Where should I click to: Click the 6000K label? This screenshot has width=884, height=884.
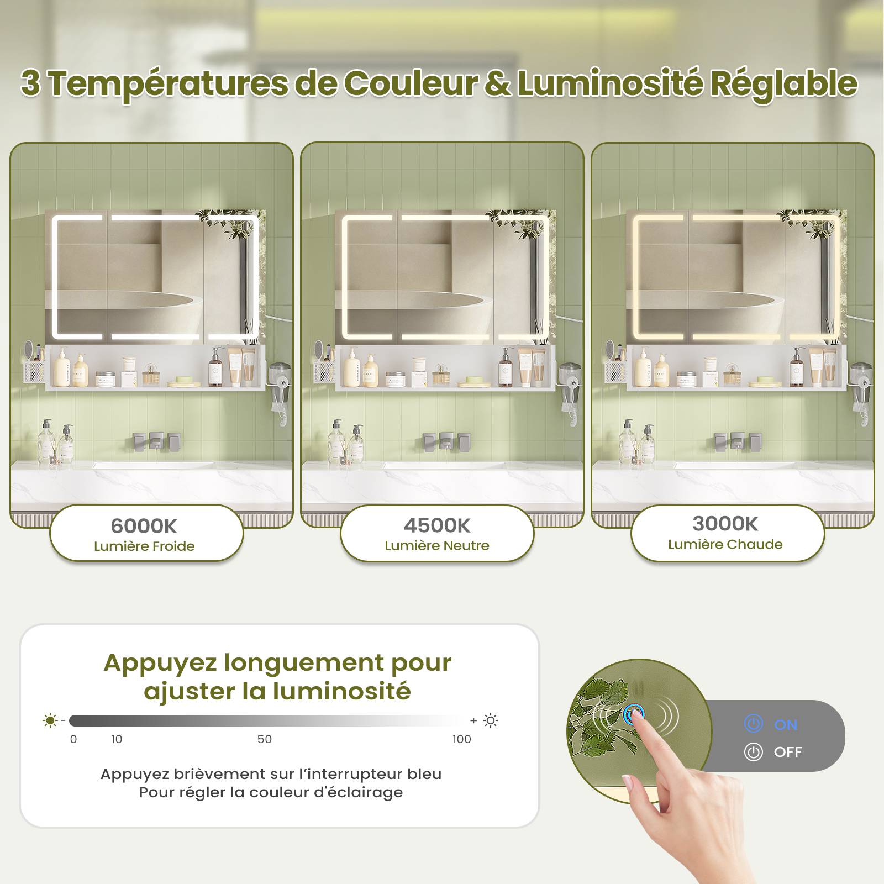[x=144, y=526]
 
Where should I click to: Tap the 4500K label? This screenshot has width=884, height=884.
[x=436, y=525]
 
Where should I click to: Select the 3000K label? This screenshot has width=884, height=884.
[x=725, y=523]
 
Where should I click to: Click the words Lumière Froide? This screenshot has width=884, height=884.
[x=144, y=546]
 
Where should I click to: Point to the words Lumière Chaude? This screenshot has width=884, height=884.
[x=725, y=544]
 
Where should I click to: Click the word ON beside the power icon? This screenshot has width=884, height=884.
[x=786, y=725]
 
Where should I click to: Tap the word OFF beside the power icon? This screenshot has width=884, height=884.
[x=788, y=752]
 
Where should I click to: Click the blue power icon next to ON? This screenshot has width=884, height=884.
[x=754, y=724]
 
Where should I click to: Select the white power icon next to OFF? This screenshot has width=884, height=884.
[x=754, y=752]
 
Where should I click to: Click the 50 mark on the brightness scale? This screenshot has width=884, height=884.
[x=265, y=739]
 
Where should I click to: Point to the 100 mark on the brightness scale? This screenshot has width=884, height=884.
[x=462, y=739]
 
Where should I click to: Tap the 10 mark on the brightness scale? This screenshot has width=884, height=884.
[x=117, y=739]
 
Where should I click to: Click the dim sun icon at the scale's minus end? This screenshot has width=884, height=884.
[x=50, y=720]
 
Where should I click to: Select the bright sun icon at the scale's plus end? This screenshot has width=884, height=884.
[x=491, y=720]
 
